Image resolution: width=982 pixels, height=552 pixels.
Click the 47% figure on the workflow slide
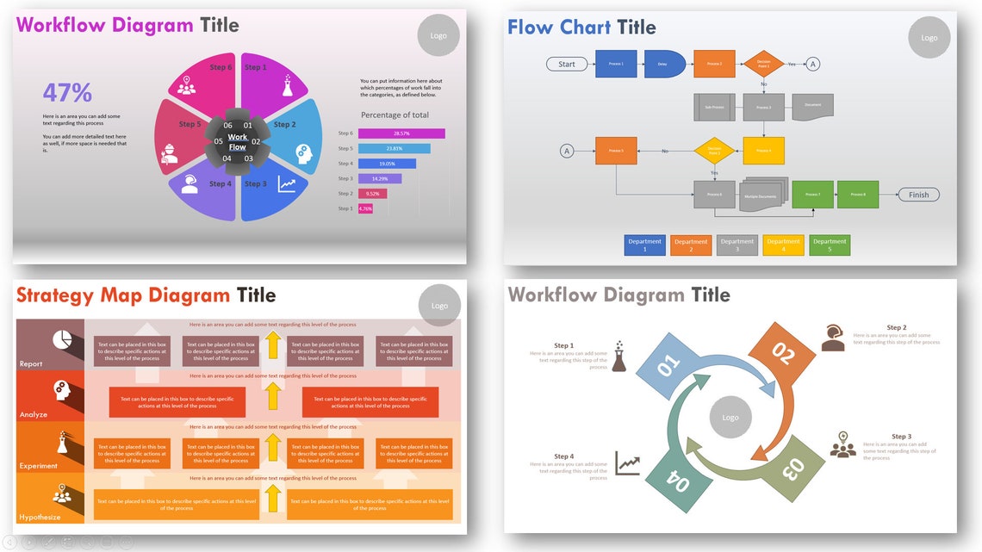click(x=67, y=92)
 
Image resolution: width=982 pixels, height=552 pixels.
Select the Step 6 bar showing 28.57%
click(x=401, y=133)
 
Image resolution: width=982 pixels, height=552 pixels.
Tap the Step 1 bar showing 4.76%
click(x=365, y=208)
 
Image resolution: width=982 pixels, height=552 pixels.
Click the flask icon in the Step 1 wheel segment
click(x=287, y=85)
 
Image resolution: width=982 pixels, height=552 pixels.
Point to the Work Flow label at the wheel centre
click(x=237, y=142)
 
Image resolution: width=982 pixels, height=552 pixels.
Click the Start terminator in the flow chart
click(x=567, y=64)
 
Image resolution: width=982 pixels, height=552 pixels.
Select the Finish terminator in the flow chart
click(x=918, y=195)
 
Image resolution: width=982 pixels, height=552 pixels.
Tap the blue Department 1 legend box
click(x=644, y=245)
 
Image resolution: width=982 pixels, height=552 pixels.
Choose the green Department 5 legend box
click(x=830, y=245)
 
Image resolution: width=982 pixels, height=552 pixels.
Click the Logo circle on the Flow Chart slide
click(x=929, y=38)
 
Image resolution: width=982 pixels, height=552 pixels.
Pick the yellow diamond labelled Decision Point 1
click(x=763, y=64)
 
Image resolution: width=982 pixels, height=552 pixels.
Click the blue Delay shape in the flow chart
click(x=662, y=64)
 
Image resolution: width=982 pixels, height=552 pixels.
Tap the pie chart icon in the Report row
click(x=62, y=340)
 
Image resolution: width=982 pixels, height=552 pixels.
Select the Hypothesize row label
click(x=40, y=517)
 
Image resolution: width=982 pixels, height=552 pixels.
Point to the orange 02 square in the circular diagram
click(x=782, y=353)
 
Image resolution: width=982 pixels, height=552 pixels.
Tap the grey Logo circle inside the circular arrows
click(x=730, y=418)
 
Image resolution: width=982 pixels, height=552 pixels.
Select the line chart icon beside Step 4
click(x=627, y=463)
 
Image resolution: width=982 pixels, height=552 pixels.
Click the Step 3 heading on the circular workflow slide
click(x=901, y=437)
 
